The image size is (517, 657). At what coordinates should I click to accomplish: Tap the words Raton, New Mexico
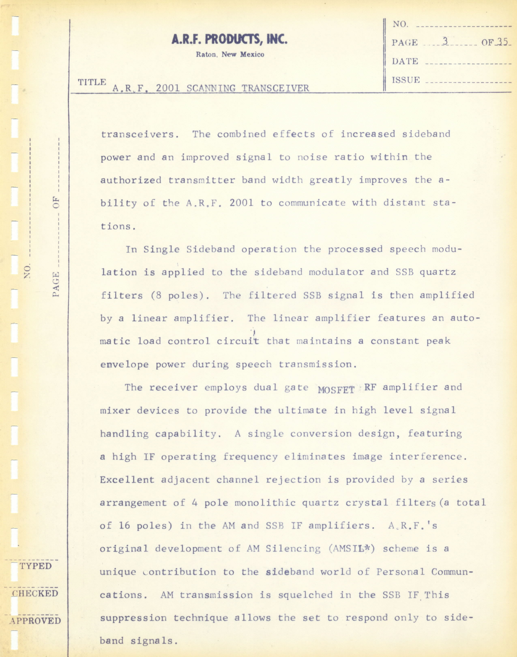230,55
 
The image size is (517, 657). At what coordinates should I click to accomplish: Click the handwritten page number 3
445,41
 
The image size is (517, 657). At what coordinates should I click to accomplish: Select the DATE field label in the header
405,61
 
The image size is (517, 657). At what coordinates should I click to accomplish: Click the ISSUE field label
406,80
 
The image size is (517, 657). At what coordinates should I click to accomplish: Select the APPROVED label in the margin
35,621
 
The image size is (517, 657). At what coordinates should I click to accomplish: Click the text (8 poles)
180,295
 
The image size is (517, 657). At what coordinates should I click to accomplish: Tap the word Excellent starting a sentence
127,480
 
